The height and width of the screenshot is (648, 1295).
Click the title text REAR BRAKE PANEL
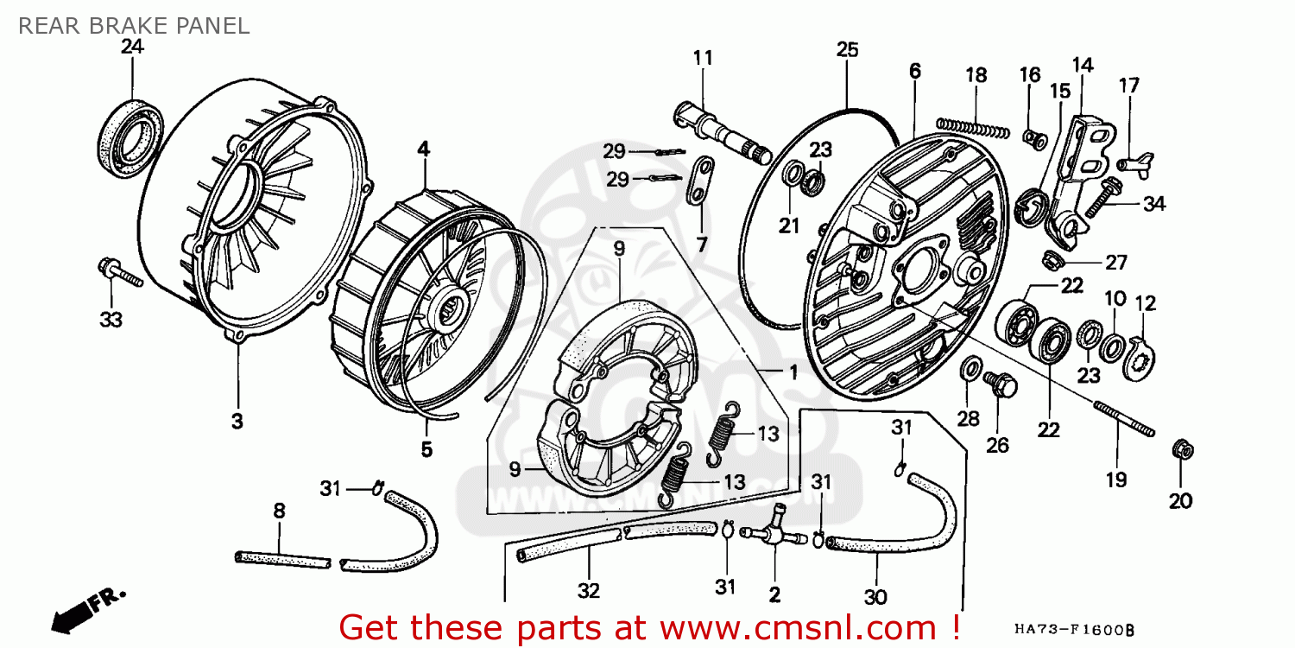[134, 26]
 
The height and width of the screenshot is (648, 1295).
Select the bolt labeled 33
[119, 272]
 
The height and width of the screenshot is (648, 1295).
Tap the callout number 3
[237, 422]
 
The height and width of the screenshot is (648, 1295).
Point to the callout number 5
[426, 449]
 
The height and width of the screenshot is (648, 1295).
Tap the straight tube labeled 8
[283, 558]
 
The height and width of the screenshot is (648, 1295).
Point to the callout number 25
[848, 50]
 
